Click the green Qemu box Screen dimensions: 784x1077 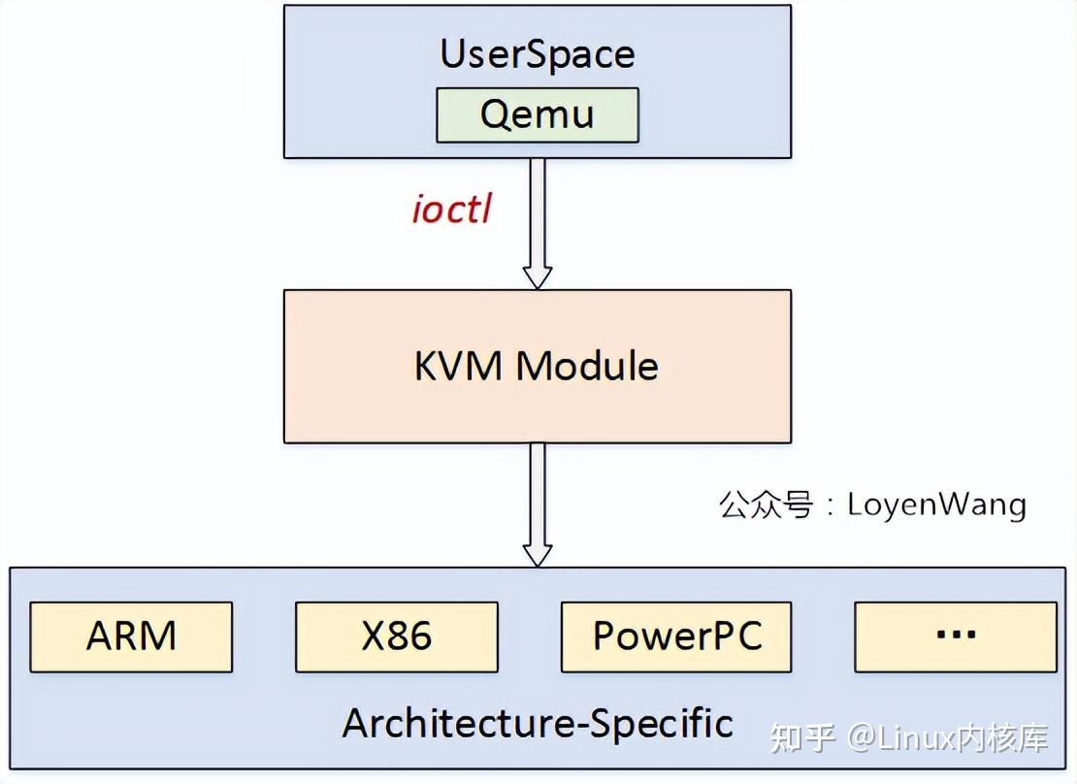(537, 115)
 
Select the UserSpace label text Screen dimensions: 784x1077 (537, 53)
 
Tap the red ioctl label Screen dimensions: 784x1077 (451, 209)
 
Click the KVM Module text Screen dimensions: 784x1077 (537, 366)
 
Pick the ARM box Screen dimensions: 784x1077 (131, 637)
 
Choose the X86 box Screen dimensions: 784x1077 (396, 637)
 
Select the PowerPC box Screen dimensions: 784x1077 (676, 637)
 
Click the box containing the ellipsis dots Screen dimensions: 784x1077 (955, 637)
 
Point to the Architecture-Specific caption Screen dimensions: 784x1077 (537, 723)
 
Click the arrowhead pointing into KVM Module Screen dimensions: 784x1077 (537, 278)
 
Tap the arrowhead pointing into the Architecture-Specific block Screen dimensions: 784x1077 (537, 554)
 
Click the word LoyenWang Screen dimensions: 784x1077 (936, 505)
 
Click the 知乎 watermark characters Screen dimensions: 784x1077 (801, 738)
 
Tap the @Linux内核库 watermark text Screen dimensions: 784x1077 (948, 738)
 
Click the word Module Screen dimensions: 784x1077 (586, 366)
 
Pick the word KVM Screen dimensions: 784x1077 (458, 366)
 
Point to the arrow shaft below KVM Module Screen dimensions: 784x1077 (537, 490)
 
